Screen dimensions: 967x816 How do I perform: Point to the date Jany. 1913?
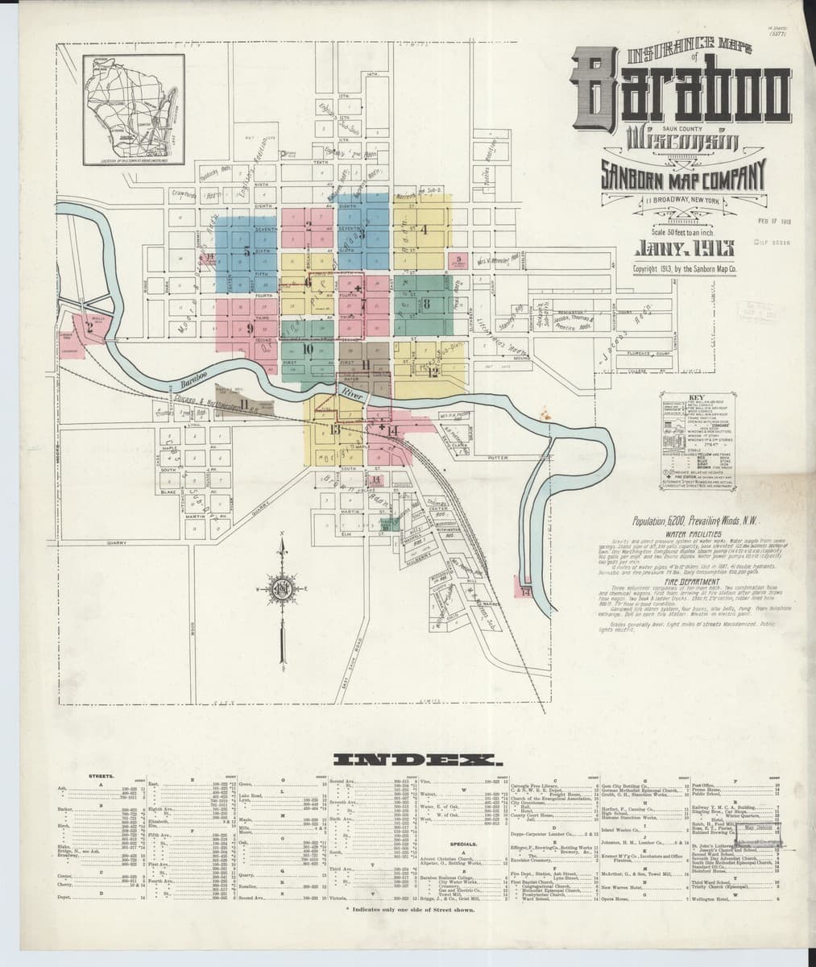[x=683, y=247]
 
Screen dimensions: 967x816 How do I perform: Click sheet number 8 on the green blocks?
[x=427, y=304]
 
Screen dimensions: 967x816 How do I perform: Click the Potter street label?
[x=496, y=457]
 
